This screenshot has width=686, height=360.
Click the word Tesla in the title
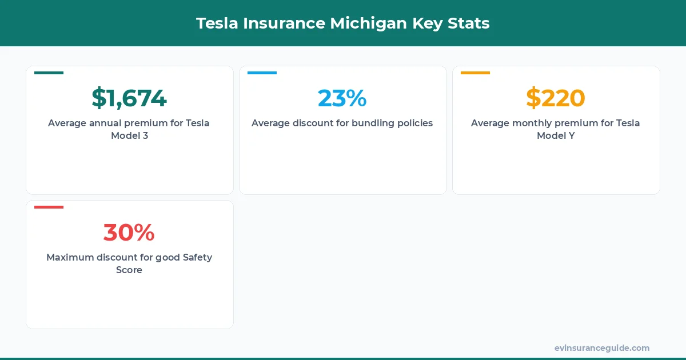pyautogui.click(x=217, y=23)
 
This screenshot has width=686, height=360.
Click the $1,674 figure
pyautogui.click(x=129, y=98)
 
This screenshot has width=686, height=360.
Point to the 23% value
pyautogui.click(x=342, y=98)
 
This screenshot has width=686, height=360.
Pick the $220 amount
pyautogui.click(x=556, y=98)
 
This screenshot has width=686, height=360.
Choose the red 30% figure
pyautogui.click(x=129, y=232)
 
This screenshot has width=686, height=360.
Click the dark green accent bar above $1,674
pyautogui.click(x=49, y=73)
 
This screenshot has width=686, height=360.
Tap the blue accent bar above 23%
pyautogui.click(x=262, y=73)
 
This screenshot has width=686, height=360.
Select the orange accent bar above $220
pyautogui.click(x=475, y=73)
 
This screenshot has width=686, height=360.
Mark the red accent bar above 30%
pyautogui.click(x=49, y=207)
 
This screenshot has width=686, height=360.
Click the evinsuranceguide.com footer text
pyautogui.click(x=601, y=348)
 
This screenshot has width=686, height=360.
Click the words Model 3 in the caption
pyautogui.click(x=129, y=136)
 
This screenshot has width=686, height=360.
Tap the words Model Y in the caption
pyautogui.click(x=556, y=136)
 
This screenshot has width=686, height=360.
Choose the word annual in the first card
pyautogui.click(x=107, y=123)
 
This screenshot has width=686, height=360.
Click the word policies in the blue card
pyautogui.click(x=413, y=123)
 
